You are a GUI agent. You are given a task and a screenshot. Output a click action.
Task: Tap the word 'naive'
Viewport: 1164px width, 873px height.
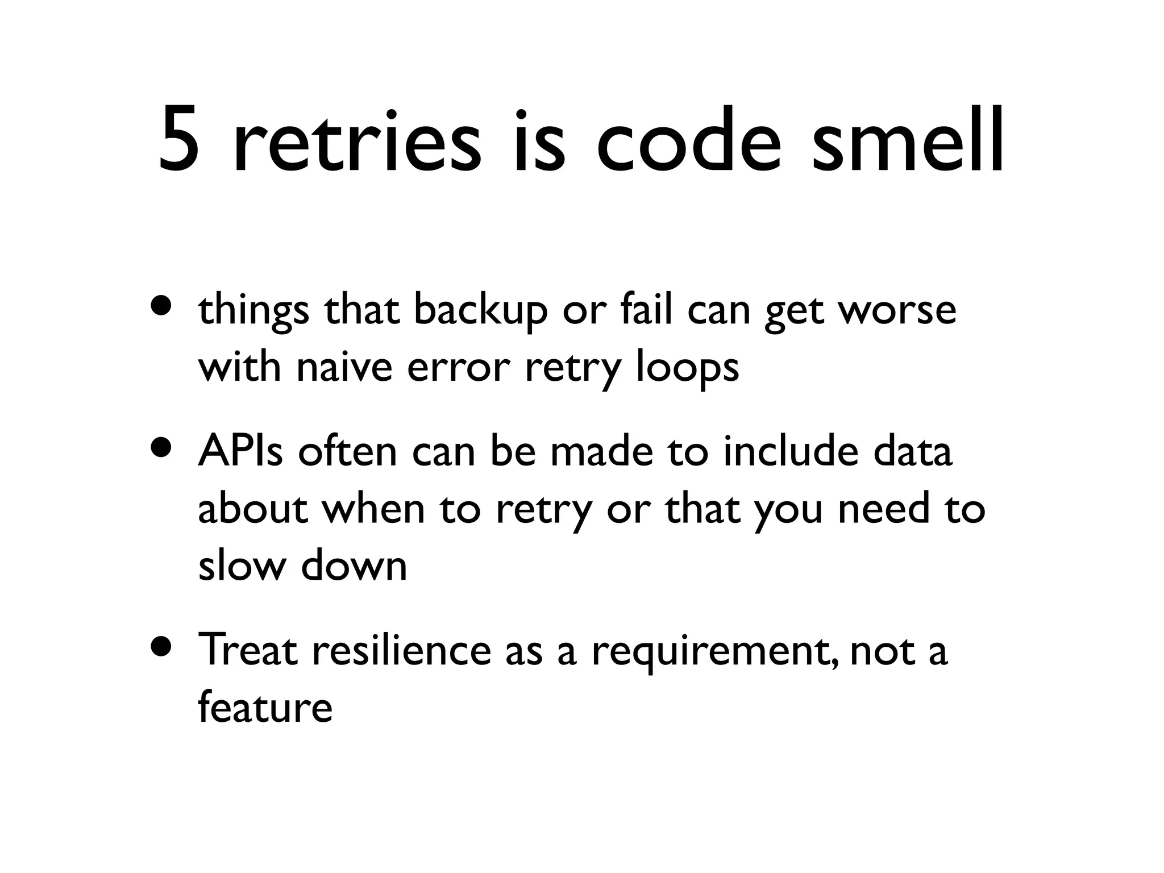(x=344, y=368)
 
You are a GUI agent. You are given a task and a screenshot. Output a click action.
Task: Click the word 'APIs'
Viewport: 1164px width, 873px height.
(x=240, y=452)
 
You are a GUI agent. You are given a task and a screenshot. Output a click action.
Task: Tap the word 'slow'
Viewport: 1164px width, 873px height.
(x=241, y=566)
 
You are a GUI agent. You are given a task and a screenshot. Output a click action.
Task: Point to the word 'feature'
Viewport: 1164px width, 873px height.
(x=265, y=708)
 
